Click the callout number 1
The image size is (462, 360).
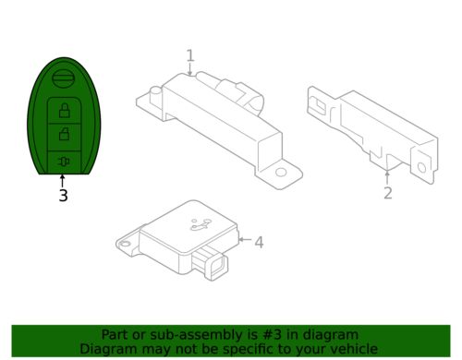click(x=190, y=55)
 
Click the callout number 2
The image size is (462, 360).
click(x=388, y=193)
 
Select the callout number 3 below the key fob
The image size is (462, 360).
click(x=63, y=196)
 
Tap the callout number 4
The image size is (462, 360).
click(x=259, y=242)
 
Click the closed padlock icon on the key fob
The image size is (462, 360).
click(x=64, y=111)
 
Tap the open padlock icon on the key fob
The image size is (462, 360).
click(x=64, y=134)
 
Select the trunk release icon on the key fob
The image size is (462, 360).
click(x=63, y=162)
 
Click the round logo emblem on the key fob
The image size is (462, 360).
click(x=64, y=78)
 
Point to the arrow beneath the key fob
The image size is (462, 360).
click(x=63, y=181)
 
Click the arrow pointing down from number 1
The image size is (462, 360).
click(x=190, y=69)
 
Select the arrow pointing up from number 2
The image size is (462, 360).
click(x=387, y=178)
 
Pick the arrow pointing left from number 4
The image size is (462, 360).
click(x=246, y=239)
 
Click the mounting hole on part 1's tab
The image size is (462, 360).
click(x=281, y=173)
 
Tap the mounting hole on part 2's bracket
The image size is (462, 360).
click(x=421, y=168)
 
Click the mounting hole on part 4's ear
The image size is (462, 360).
click(x=125, y=245)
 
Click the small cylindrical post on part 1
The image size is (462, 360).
click(x=156, y=95)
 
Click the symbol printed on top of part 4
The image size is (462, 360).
click(x=201, y=224)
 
